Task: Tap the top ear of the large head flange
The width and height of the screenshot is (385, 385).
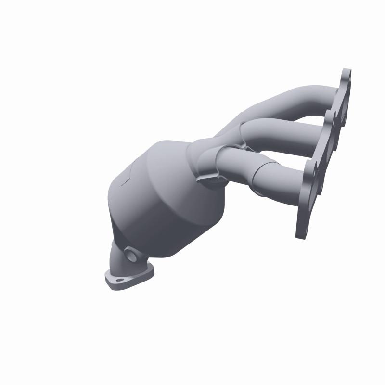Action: pos(346,77)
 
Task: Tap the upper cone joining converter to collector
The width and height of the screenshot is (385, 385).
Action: pos(178,154)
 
